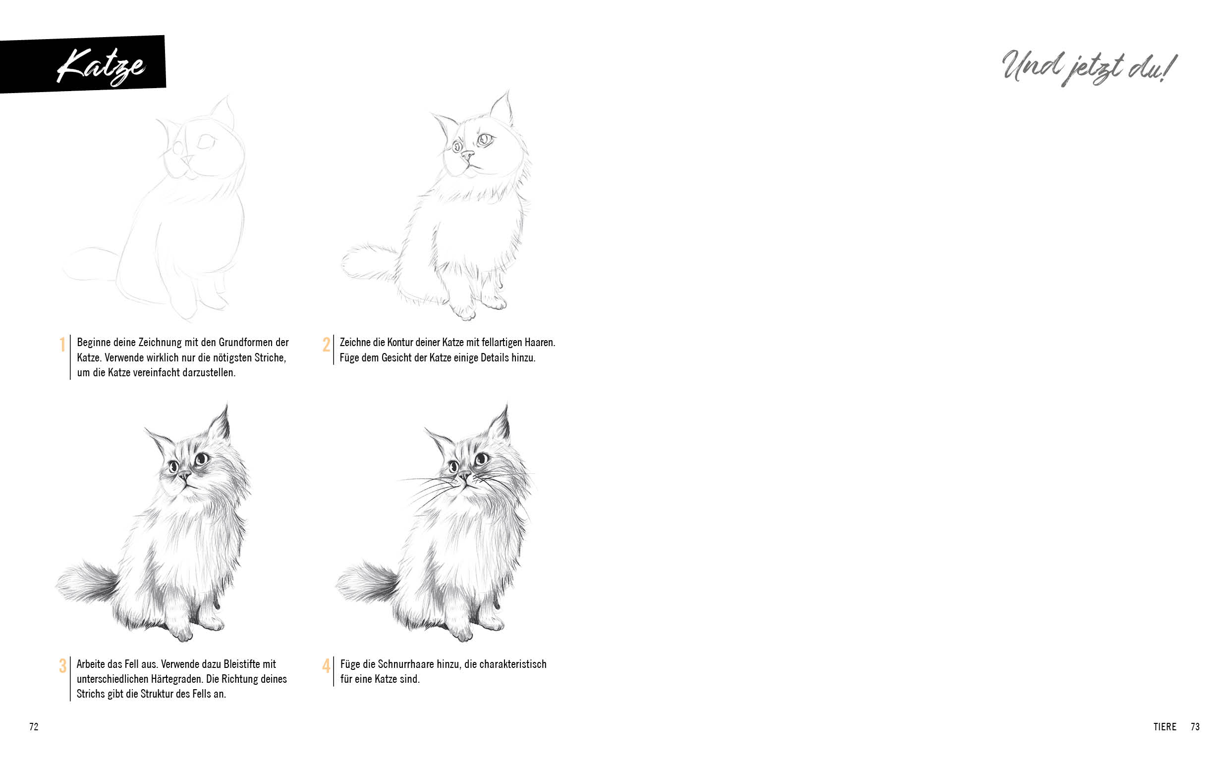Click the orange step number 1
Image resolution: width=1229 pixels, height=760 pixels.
click(62, 345)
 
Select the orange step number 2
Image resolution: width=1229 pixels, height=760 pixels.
click(326, 345)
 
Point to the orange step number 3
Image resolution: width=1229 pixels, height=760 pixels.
click(62, 666)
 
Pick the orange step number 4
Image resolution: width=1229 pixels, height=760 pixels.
click(326, 666)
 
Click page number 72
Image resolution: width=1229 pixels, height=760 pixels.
click(34, 727)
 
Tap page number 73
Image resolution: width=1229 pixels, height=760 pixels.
click(1195, 727)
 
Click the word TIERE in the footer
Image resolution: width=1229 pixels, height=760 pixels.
click(1165, 727)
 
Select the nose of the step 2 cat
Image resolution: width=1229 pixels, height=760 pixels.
click(468, 154)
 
